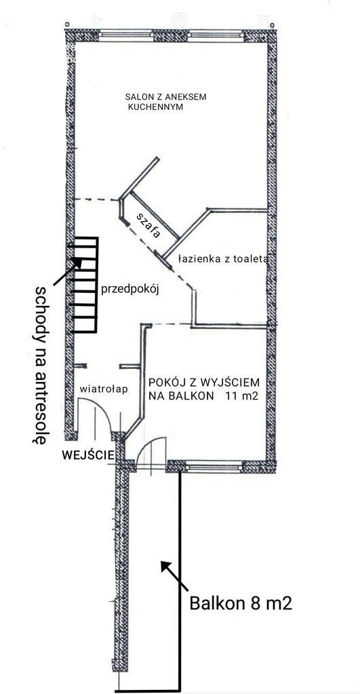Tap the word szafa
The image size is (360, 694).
[148, 225]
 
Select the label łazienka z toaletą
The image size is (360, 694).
[222, 259]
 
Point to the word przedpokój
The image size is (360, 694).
[129, 290]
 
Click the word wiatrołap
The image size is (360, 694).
[104, 389]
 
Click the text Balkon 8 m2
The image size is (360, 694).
[241, 603]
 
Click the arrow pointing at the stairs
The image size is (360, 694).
[67, 271]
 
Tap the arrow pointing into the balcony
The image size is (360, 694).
[174, 576]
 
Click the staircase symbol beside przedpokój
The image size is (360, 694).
[83, 285]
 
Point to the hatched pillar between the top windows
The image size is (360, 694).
[171, 35]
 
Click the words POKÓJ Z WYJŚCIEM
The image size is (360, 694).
[204, 382]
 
